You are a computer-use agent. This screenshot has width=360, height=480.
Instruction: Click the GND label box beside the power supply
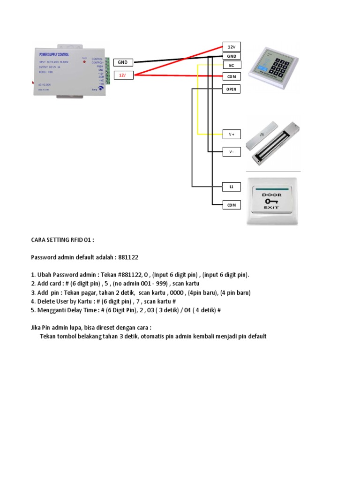point(122,62)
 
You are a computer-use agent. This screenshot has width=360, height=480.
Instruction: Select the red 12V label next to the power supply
point(122,75)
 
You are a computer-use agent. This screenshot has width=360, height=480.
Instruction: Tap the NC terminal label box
point(231,66)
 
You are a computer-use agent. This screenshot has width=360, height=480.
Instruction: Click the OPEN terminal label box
point(231,89)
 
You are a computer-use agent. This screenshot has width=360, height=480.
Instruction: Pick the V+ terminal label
point(231,134)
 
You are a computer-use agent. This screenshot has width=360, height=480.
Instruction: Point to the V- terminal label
point(231,152)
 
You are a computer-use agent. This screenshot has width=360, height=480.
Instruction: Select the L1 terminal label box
point(231,187)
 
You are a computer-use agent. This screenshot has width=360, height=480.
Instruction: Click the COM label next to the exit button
point(231,205)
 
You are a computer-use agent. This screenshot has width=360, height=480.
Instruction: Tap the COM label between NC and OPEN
point(231,76)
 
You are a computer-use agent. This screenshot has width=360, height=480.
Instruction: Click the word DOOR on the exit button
point(271,194)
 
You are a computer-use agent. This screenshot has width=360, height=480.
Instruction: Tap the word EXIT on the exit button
point(271,207)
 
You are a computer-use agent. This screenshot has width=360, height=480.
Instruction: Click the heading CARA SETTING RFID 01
point(62,240)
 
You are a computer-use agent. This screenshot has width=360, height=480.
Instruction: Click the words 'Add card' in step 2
point(49,284)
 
